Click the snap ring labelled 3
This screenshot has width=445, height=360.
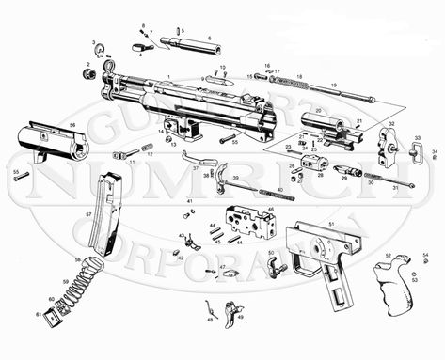[97, 49]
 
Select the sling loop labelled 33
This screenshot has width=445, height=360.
[415, 154]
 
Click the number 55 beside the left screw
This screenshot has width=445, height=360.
[15, 171]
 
